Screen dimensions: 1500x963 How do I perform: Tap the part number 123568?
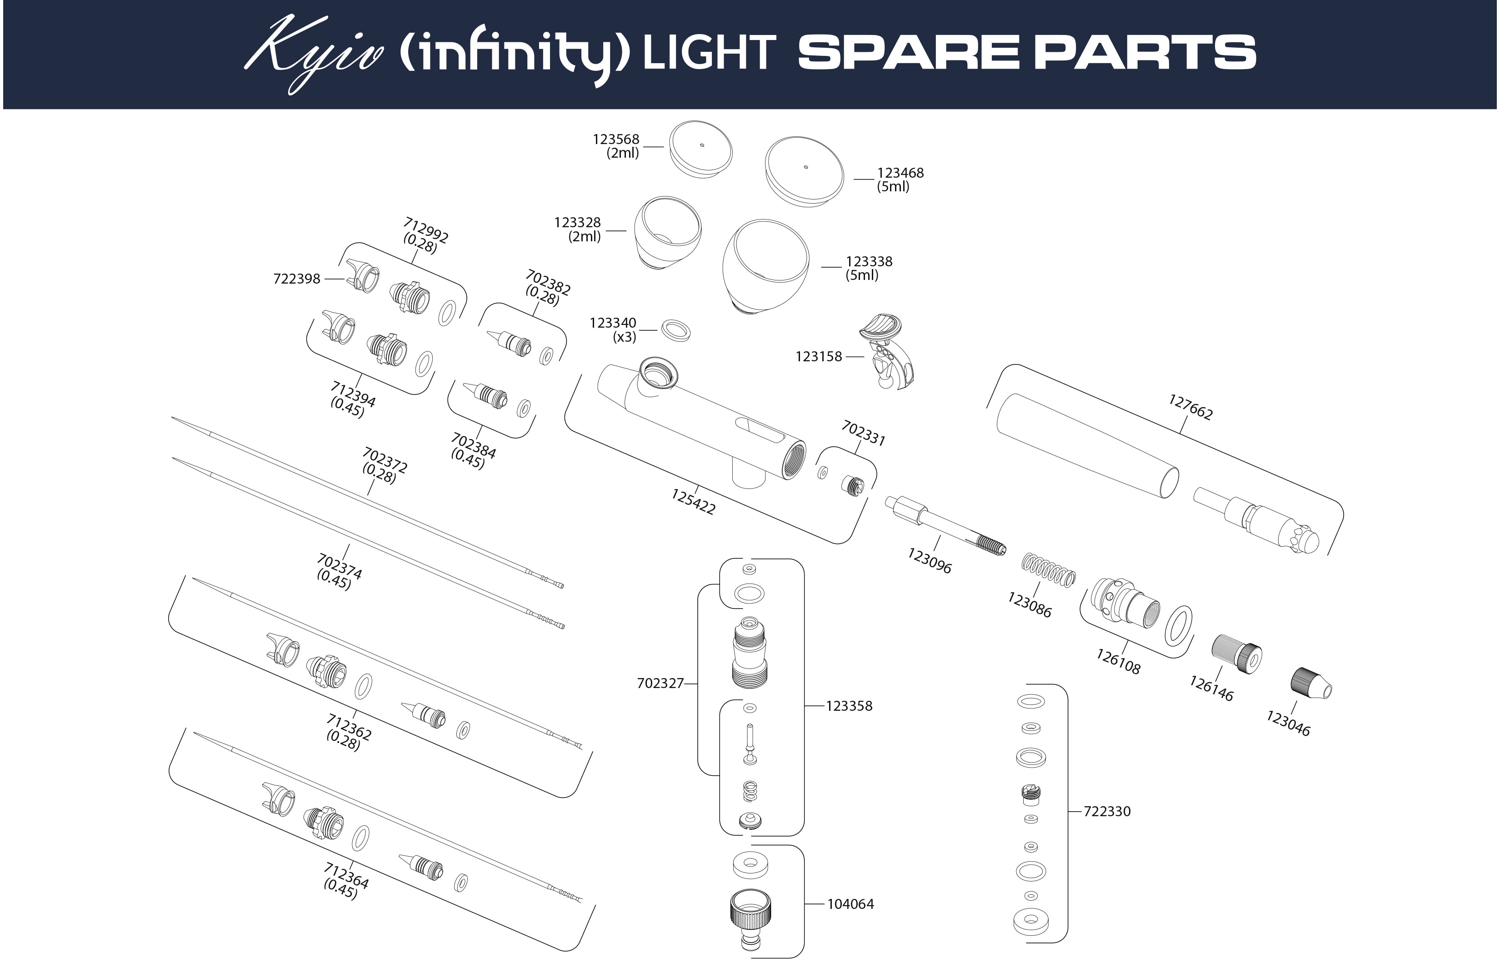[x=616, y=140]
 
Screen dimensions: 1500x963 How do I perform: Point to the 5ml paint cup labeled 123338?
[x=765, y=266]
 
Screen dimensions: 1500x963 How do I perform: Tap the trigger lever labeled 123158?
[x=887, y=350]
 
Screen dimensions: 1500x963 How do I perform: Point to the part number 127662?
[x=1190, y=406]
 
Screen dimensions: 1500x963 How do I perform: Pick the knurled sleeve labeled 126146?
[x=1237, y=655]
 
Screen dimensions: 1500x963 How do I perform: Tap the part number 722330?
[x=1107, y=812]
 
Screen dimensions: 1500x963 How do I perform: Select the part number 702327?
[x=660, y=684]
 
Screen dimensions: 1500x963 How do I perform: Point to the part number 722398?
[x=296, y=279]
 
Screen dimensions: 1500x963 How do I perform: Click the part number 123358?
[x=849, y=706]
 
